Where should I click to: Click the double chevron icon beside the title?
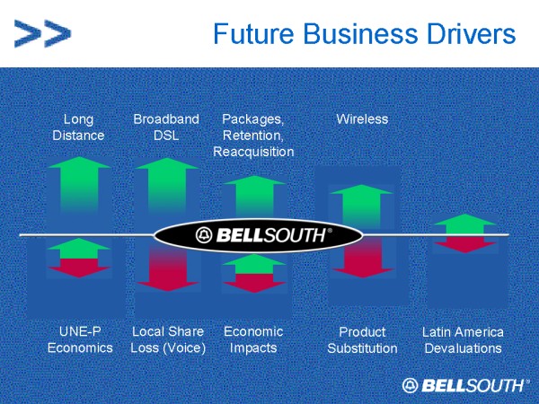click(42, 33)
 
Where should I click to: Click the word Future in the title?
click(253, 34)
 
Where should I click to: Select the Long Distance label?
click(78, 127)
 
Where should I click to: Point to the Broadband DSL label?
click(166, 127)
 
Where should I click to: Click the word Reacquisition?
click(253, 152)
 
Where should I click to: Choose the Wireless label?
click(362, 119)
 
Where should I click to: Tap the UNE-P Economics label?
click(80, 339)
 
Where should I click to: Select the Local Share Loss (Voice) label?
click(168, 339)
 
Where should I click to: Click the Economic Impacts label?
click(253, 339)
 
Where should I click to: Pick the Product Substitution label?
click(362, 340)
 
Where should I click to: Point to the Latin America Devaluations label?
click(463, 340)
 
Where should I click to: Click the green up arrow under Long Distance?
click(79, 186)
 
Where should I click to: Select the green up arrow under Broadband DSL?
click(167, 186)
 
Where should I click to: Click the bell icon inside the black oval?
click(204, 235)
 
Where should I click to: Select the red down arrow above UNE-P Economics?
click(79, 268)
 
